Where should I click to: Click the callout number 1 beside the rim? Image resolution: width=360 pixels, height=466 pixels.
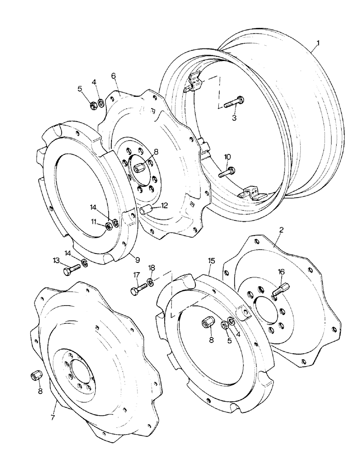click(318, 45)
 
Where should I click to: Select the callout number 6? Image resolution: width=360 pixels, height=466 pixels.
click(113, 75)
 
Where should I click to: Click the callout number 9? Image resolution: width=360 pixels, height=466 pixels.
click(138, 259)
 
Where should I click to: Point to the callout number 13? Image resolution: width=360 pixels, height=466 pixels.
click(56, 260)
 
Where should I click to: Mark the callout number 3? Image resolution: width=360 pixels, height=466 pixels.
click(235, 118)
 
